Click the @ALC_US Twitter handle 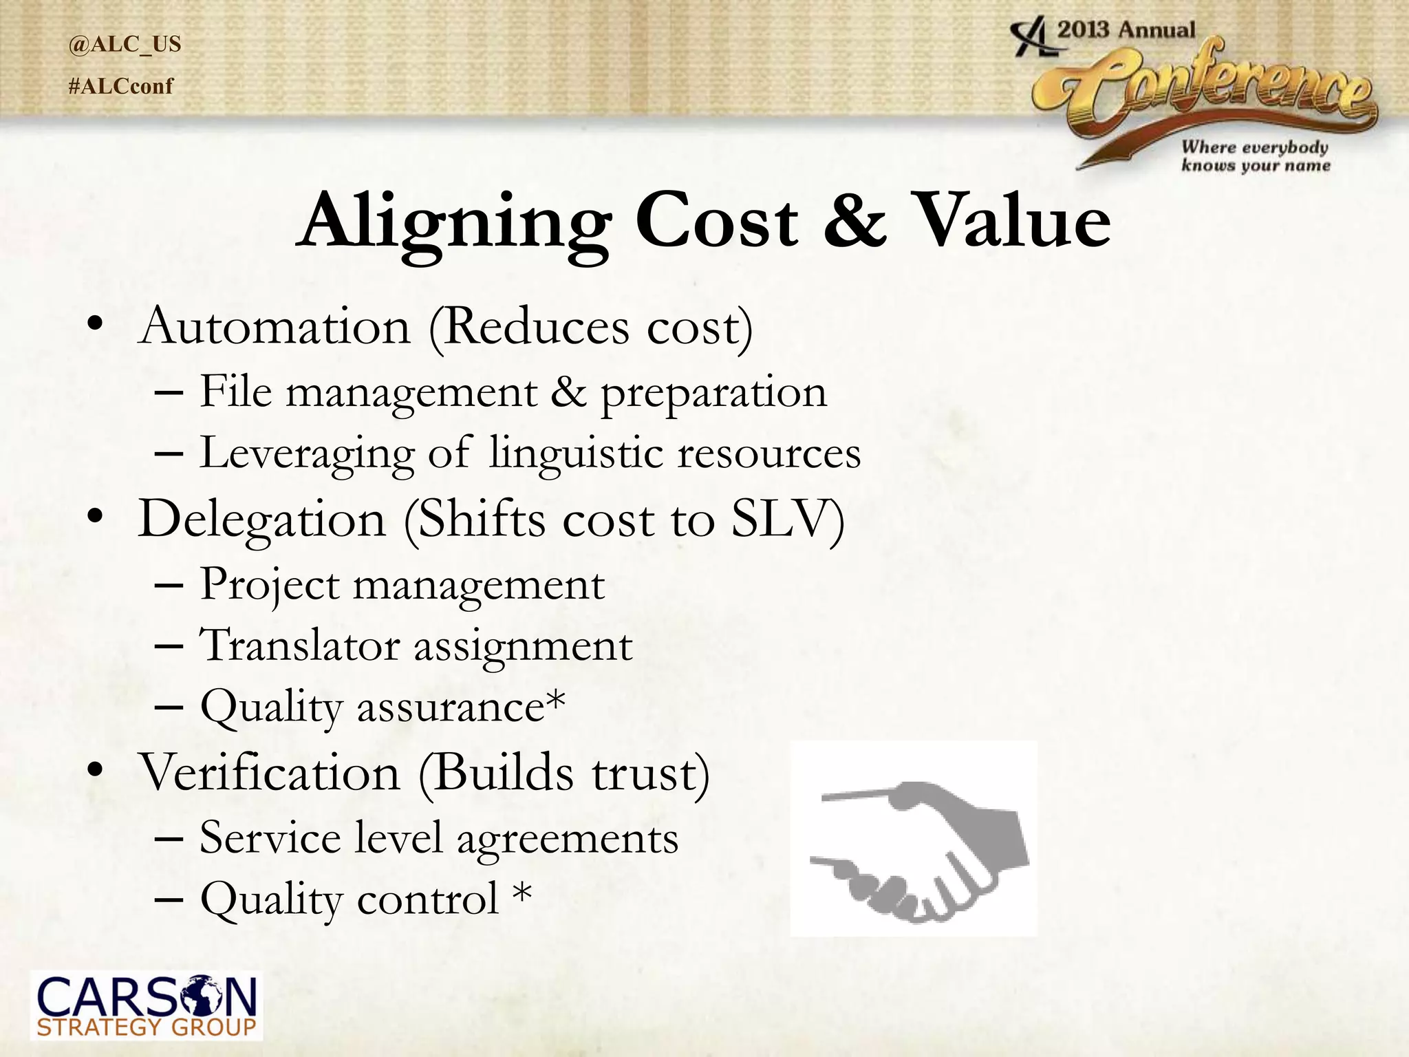125,45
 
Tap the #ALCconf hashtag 121,87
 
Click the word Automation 275,326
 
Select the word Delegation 261,520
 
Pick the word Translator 300,645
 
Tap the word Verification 270,773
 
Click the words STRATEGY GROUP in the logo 147,1028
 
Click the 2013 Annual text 1126,30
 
